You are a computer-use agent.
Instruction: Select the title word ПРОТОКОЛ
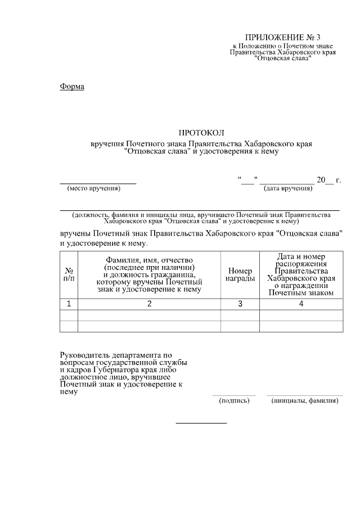click(x=201, y=133)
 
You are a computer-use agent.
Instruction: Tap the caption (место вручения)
click(x=94, y=188)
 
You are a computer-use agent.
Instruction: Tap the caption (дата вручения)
click(x=288, y=188)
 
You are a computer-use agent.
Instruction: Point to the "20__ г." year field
click(x=329, y=180)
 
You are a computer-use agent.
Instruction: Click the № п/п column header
click(x=69, y=274)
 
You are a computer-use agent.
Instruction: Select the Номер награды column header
click(x=240, y=274)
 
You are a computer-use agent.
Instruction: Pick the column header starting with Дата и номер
click(x=301, y=274)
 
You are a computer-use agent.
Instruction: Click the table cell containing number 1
click(x=69, y=304)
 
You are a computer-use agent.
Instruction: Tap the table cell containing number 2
click(x=149, y=304)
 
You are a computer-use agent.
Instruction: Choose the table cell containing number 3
click(x=240, y=304)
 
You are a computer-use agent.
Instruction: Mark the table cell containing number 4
click(x=301, y=304)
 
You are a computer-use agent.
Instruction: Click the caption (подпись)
click(x=234, y=401)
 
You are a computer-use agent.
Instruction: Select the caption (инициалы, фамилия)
click(x=304, y=401)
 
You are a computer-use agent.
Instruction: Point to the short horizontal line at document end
click(x=201, y=422)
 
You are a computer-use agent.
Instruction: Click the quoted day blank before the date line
click(x=248, y=180)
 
